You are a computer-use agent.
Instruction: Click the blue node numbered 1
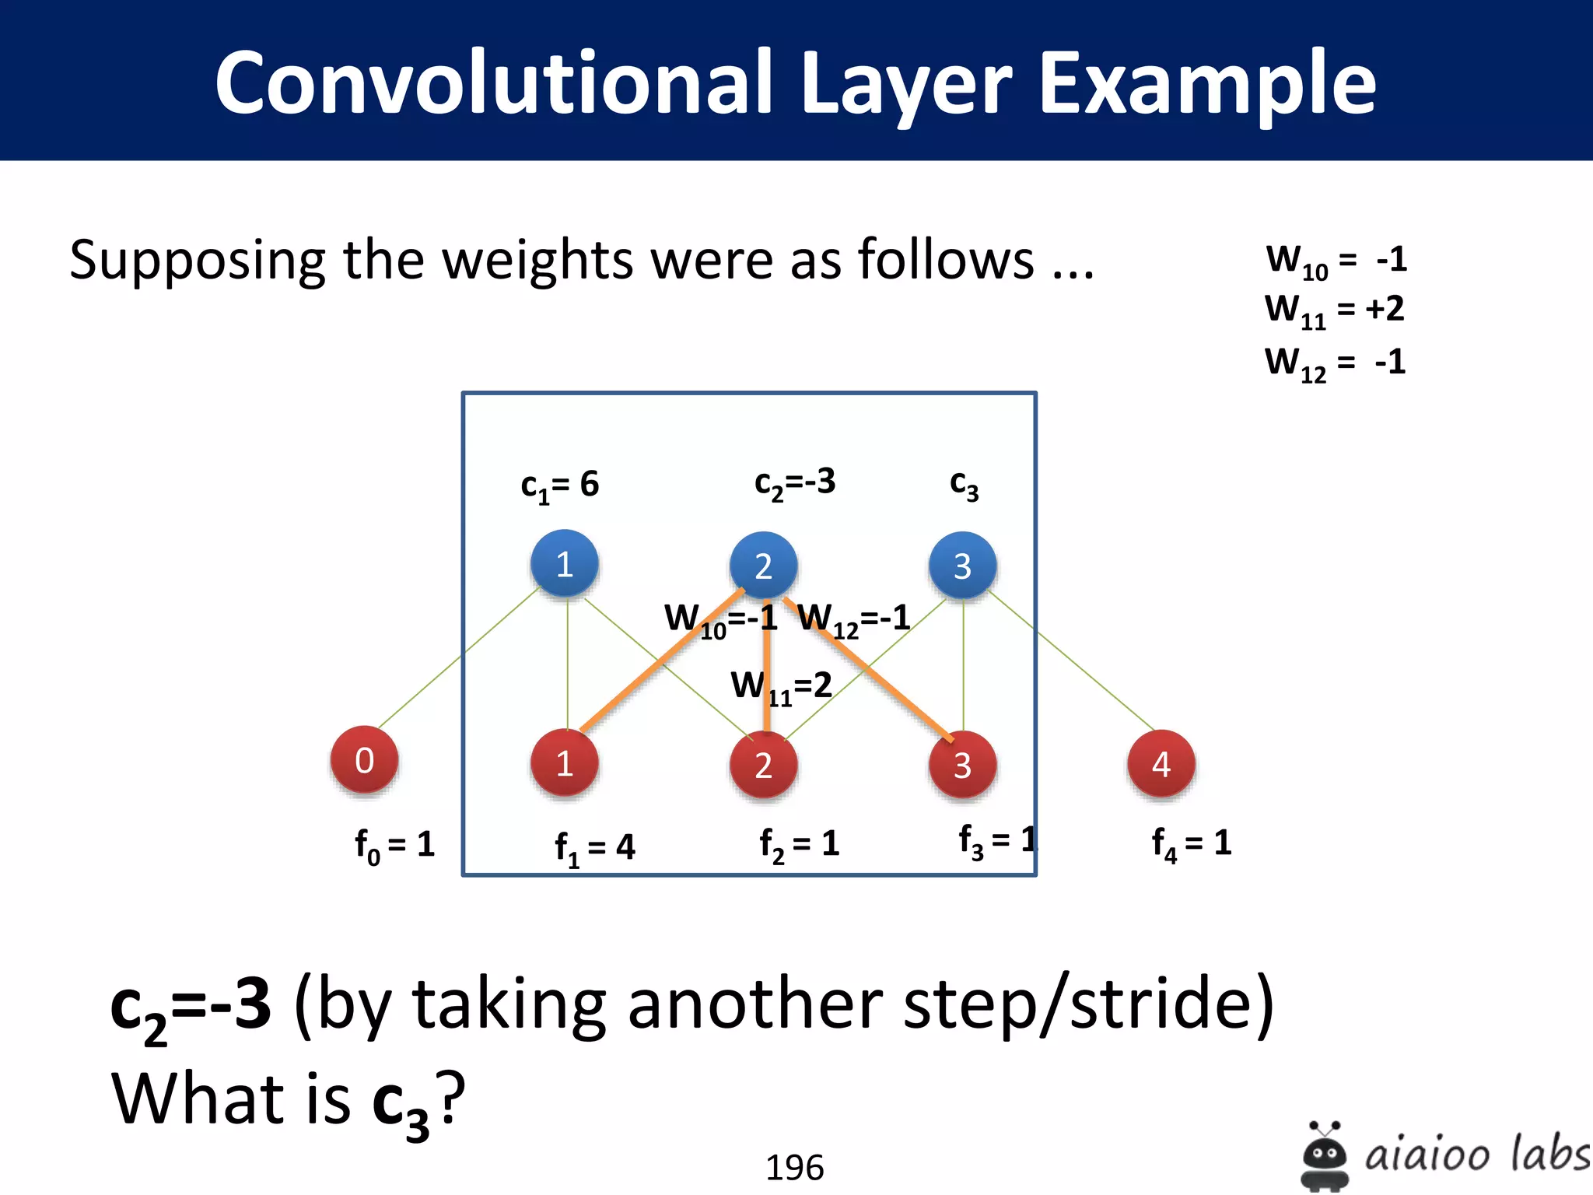(565, 564)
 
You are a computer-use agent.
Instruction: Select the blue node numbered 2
(763, 566)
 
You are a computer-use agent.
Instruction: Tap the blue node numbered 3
(962, 566)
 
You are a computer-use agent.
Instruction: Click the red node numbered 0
(364, 760)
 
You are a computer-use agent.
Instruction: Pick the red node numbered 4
(1161, 764)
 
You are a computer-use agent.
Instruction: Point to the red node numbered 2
(763, 766)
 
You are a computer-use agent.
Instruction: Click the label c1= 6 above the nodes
(559, 485)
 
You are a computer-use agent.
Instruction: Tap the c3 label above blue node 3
(964, 485)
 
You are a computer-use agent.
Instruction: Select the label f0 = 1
(394, 845)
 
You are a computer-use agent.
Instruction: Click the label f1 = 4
(594, 847)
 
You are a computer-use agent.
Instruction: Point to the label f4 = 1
(1191, 843)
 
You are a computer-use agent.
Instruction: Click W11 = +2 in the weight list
(1334, 310)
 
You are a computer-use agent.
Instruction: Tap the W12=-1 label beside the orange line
(854, 619)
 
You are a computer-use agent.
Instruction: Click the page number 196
(794, 1167)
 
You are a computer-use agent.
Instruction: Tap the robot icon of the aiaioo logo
(1324, 1156)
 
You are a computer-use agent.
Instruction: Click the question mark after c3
(450, 1097)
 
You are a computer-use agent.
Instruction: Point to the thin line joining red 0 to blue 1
(459, 658)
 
